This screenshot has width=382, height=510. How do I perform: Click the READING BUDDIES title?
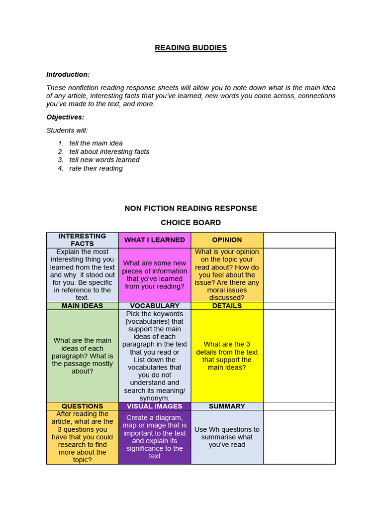click(191, 48)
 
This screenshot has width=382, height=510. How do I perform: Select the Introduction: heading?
click(68, 74)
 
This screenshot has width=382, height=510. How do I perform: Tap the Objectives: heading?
click(65, 117)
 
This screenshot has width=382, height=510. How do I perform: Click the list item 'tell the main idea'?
click(96, 143)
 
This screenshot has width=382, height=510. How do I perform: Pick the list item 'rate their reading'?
click(96, 168)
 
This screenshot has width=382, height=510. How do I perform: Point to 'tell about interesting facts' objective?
click(109, 151)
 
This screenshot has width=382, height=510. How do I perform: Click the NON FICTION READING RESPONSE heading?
click(191, 208)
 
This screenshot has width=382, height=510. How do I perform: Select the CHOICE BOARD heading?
click(191, 223)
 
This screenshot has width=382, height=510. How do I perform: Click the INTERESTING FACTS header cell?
click(83, 240)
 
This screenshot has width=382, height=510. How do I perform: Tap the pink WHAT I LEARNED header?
click(155, 240)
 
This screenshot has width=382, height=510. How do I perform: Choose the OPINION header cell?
click(227, 240)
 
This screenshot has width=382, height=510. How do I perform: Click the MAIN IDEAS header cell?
click(83, 306)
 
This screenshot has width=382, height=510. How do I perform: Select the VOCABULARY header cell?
click(155, 306)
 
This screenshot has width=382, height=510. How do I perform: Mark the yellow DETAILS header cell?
click(227, 306)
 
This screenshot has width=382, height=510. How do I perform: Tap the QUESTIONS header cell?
click(83, 406)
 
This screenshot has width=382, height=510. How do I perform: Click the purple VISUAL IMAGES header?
click(155, 406)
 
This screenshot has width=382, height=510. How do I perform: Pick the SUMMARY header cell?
click(227, 406)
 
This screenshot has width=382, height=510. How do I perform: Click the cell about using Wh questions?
click(227, 437)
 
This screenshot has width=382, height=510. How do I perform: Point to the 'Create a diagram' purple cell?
click(155, 437)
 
